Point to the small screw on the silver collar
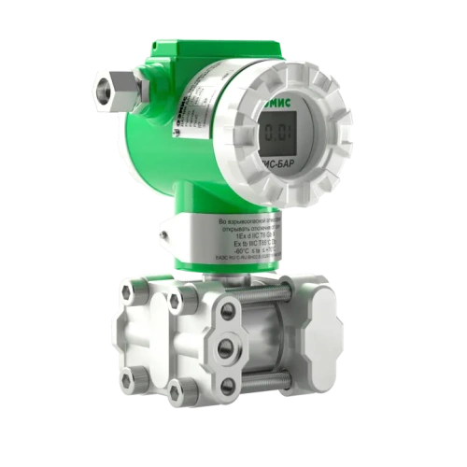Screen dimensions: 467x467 click(x=163, y=228)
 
